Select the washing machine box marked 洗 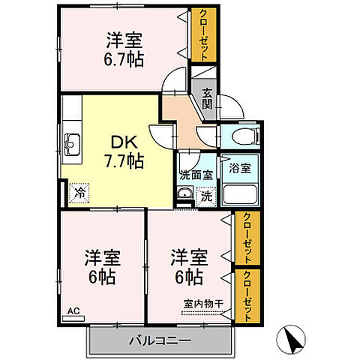click(x=205, y=196)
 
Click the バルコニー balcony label click(x=158, y=340)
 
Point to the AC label click(x=73, y=310)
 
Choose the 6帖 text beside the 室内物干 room click(x=187, y=277)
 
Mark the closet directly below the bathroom click(x=246, y=238)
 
